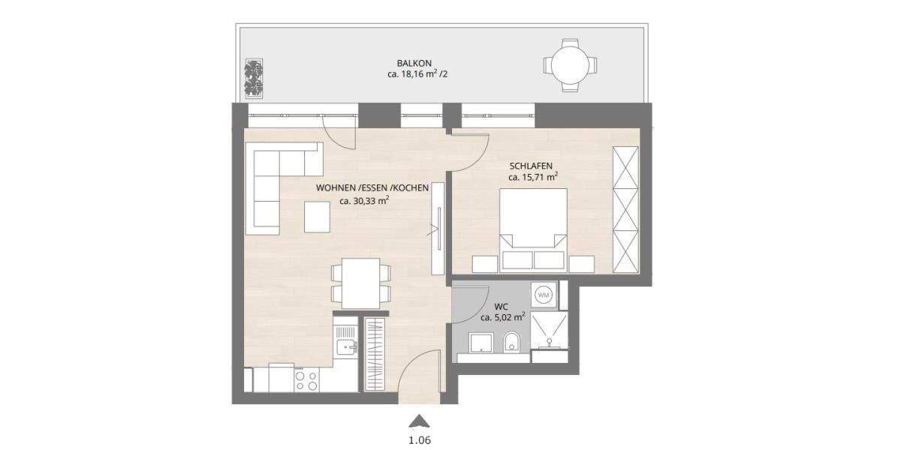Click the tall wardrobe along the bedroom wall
pos(625,211)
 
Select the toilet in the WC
pos(512,343)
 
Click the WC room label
pos(502,305)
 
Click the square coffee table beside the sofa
pos(317,218)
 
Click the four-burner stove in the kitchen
pos(306,380)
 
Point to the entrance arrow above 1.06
pos(420,422)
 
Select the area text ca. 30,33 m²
pos(364,201)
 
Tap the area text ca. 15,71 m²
pos(532,177)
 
